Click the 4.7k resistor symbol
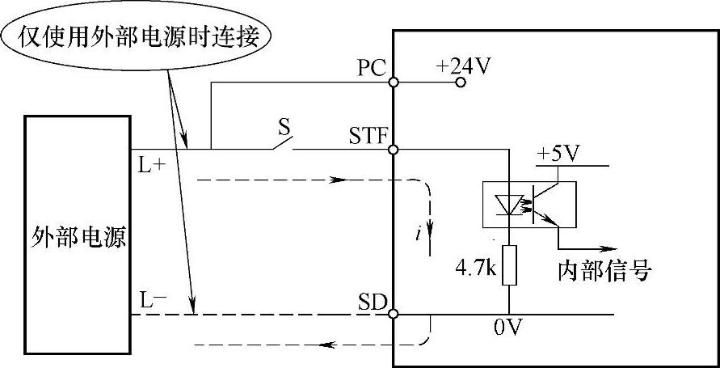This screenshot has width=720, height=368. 509,264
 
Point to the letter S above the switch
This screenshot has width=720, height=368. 284,127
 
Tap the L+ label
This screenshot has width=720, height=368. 150,165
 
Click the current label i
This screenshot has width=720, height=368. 418,235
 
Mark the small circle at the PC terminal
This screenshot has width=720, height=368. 393,82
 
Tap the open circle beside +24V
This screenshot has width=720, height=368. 460,82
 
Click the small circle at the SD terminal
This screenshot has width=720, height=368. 393,313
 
